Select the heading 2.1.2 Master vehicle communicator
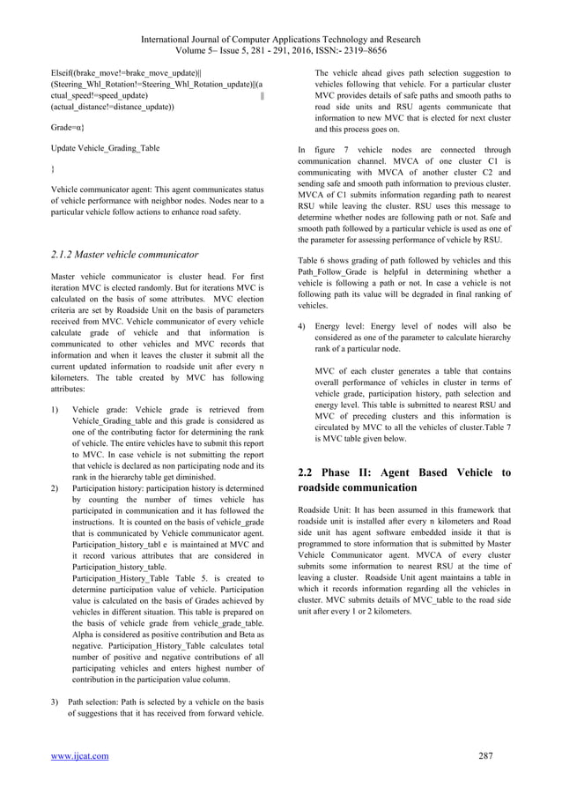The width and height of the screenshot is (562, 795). [124, 255]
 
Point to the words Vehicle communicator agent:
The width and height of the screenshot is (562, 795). [98, 189]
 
